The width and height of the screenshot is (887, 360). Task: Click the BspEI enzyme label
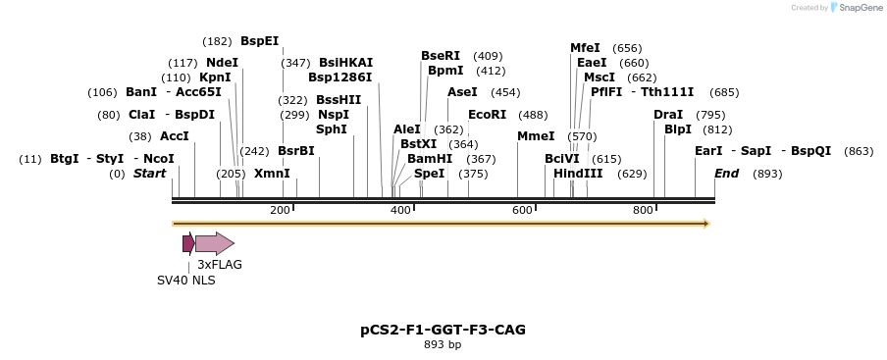(x=259, y=41)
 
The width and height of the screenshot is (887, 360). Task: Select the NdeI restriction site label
(x=222, y=63)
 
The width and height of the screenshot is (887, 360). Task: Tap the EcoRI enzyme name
(x=487, y=115)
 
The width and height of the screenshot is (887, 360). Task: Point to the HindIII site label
(x=578, y=174)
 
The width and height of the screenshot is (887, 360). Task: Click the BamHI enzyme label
(x=430, y=158)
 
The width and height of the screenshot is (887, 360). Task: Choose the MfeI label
(x=585, y=48)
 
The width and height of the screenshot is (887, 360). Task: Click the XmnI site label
(x=272, y=174)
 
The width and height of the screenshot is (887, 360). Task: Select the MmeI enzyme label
(x=536, y=136)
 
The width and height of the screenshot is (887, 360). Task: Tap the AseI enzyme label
(x=462, y=92)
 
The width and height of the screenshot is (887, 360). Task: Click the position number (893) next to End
(x=767, y=174)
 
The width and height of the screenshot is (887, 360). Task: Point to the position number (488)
(x=533, y=115)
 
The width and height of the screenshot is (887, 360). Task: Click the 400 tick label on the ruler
(x=400, y=211)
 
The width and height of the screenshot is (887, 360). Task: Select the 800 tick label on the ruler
(x=643, y=211)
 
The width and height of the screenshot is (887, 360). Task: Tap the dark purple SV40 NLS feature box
(x=187, y=243)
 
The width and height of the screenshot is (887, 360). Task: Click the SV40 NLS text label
(x=186, y=281)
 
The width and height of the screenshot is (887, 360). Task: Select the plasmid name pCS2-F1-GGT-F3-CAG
(x=443, y=330)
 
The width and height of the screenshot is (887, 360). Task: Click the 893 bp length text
(x=443, y=345)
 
